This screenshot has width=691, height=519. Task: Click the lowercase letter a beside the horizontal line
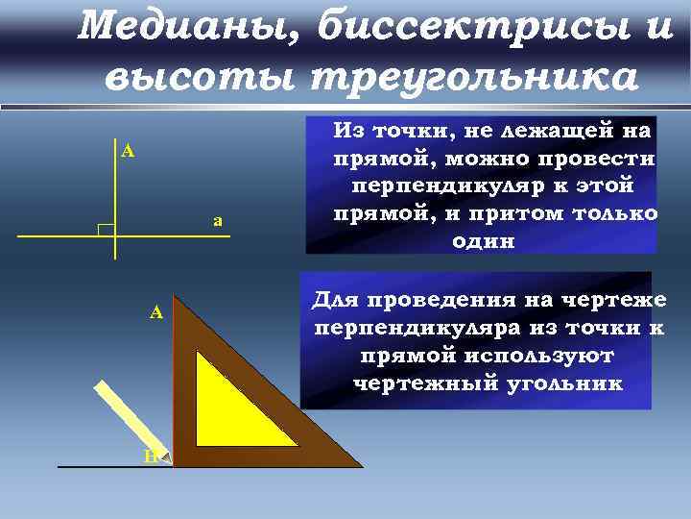218,221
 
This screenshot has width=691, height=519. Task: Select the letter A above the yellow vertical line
128,150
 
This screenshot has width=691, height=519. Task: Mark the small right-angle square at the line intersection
107,231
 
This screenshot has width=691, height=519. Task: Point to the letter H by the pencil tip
151,456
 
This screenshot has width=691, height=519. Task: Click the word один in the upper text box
483,241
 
